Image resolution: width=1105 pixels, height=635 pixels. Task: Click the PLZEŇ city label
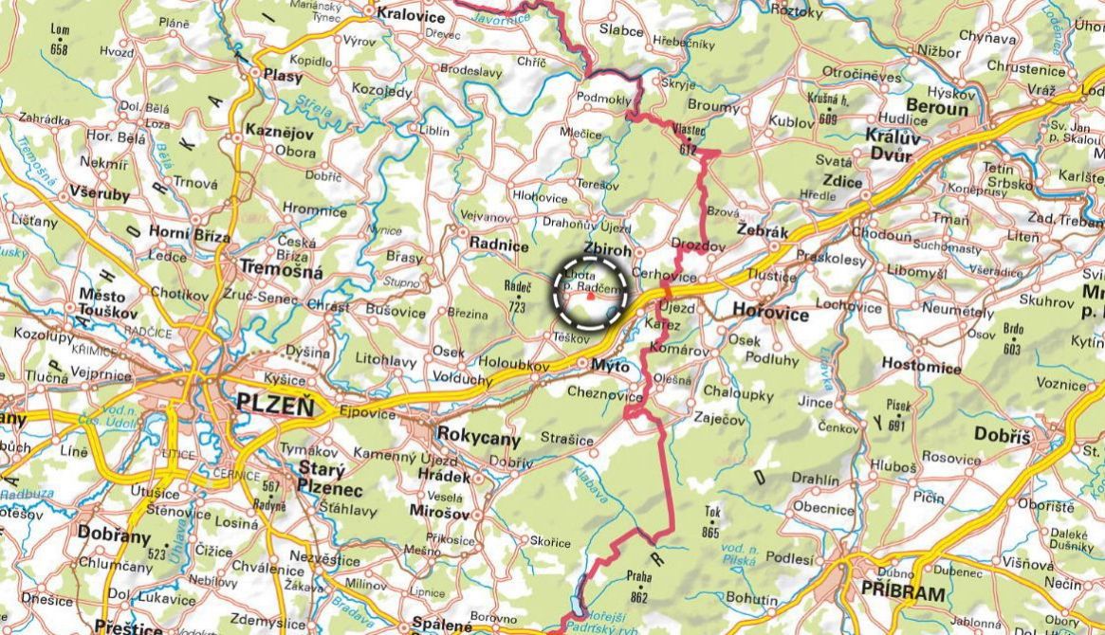273,406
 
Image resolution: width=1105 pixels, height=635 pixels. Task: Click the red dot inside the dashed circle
590,296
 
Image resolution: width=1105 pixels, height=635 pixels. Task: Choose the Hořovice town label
771,313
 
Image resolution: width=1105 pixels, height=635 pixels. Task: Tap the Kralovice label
411,13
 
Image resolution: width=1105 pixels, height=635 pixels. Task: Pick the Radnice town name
498,245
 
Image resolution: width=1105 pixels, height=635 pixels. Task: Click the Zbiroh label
606,247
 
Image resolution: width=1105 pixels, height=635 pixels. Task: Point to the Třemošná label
281,273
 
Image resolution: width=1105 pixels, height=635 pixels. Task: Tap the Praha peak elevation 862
637,598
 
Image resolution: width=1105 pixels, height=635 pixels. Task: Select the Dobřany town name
114,533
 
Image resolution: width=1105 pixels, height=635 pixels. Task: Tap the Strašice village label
566,440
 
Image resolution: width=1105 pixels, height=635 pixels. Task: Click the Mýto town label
610,364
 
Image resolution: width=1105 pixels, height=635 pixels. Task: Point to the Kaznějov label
280,131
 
